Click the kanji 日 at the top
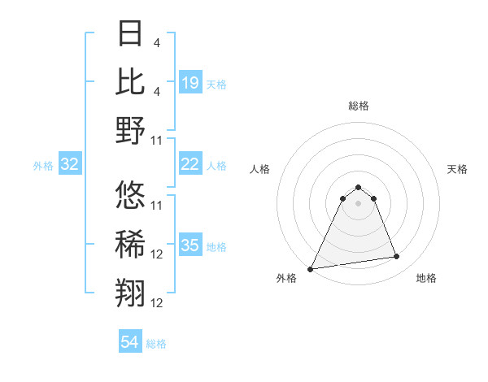131,34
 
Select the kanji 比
131,81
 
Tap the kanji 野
131,130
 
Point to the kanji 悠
131,195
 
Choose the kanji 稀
131,244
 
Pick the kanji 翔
131,293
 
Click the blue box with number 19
190,82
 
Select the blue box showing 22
190,164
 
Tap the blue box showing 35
190,245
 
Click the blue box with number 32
70,164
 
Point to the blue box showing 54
130,342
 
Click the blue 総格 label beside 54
156,344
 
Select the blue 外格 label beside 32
43,166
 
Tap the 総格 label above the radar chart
358,106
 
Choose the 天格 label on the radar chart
458,169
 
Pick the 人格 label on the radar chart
259,169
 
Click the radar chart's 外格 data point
311,268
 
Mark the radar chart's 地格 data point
397,257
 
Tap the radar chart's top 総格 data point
358,188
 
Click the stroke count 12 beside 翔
157,303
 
